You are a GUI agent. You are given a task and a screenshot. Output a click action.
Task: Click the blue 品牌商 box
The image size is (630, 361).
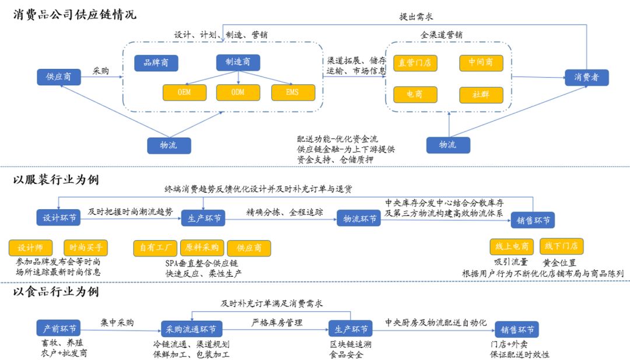(x=156, y=63)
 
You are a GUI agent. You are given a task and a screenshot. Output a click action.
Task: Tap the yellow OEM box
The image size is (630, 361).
(x=184, y=92)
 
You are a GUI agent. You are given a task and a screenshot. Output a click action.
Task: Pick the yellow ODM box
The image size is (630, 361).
(x=238, y=92)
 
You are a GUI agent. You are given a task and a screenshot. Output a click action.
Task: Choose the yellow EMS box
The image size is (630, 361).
(x=293, y=92)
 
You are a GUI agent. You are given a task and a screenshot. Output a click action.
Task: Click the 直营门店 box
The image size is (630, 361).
(x=415, y=63)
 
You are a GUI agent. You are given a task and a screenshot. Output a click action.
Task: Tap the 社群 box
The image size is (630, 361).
(x=481, y=95)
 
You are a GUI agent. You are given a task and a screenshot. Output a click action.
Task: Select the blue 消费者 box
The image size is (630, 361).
(x=586, y=77)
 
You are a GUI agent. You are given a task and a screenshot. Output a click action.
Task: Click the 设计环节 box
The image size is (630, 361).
(x=58, y=218)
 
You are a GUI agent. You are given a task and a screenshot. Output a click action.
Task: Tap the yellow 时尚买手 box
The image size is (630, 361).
(x=86, y=247)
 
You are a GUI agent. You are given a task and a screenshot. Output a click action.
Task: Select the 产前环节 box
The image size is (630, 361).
(x=58, y=328)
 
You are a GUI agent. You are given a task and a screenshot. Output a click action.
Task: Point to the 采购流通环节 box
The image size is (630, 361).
(x=192, y=328)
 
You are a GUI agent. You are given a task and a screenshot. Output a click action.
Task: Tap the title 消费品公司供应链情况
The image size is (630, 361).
(x=74, y=14)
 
